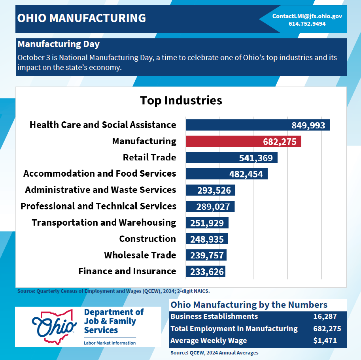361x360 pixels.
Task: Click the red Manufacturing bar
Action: (243, 141)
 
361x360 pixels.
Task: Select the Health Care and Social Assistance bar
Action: (257, 125)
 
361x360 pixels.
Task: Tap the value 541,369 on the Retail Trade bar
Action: (256, 158)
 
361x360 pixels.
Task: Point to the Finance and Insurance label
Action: (127, 271)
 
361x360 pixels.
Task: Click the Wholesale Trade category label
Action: (140, 255)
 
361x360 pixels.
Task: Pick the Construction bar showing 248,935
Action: (207, 239)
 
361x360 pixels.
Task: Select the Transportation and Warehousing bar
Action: (207, 222)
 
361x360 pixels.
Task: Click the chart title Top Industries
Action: (181, 100)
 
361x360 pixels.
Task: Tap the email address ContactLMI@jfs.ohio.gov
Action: (307, 16)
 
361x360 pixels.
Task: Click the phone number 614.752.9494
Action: (307, 24)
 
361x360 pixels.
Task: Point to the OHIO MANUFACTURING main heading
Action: (82, 18)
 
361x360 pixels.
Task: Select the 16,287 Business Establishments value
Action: (325, 317)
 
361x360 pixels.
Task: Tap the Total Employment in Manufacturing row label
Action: (234, 328)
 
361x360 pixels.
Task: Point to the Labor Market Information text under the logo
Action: (110, 343)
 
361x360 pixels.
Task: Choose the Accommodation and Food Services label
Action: (100, 173)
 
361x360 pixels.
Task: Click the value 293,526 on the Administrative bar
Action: (214, 190)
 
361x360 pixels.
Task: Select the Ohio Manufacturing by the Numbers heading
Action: (249, 305)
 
